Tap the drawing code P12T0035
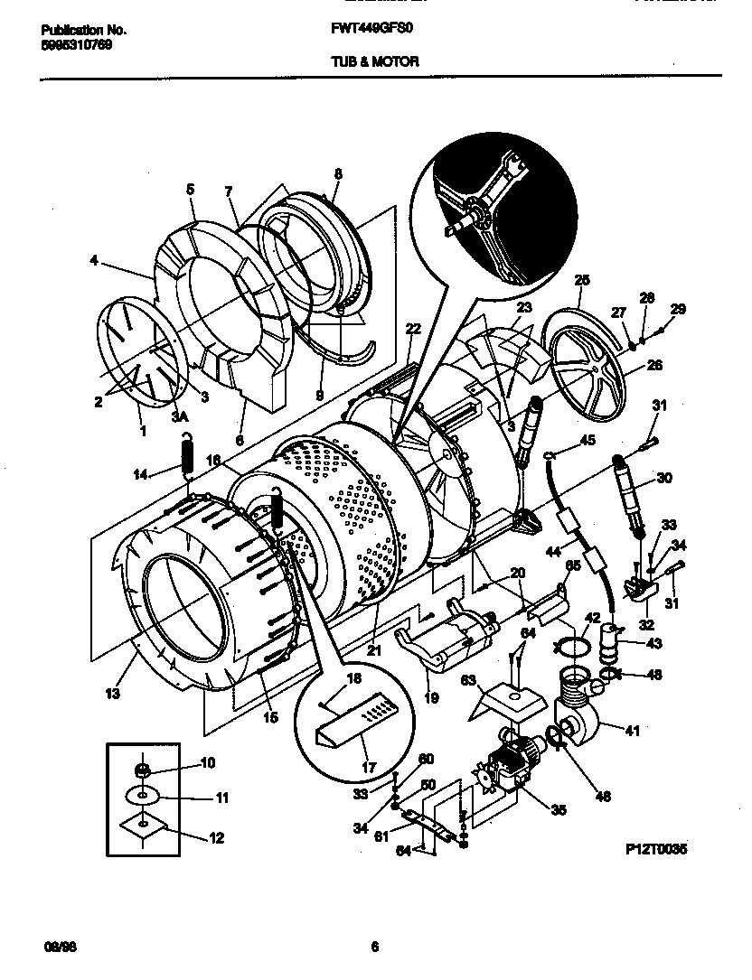[x=656, y=850]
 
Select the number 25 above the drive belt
[x=582, y=279]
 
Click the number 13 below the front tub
[x=113, y=694]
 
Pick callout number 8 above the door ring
[x=338, y=173]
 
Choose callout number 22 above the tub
[x=413, y=329]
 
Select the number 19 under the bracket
[x=431, y=697]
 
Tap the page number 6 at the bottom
[x=374, y=947]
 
